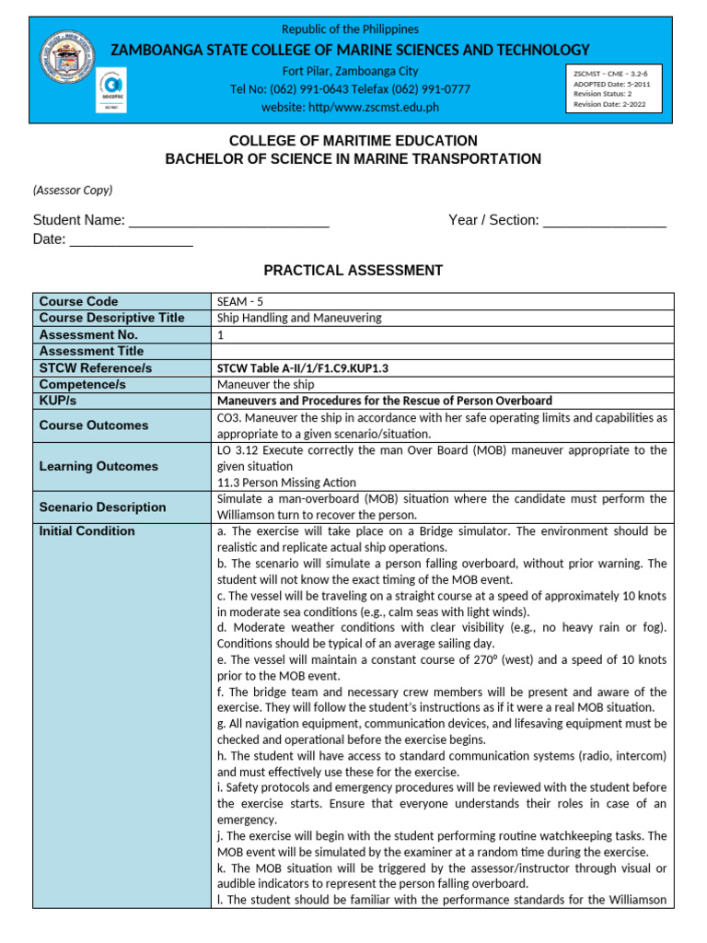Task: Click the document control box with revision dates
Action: (614, 87)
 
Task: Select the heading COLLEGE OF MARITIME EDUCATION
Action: (353, 141)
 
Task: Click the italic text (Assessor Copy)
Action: (73, 190)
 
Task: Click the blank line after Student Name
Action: (229, 221)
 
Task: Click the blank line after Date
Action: (131, 240)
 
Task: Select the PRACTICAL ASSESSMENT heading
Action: (353, 271)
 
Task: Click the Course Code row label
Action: (78, 301)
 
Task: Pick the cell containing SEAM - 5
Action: (239, 301)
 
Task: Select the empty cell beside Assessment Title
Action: (442, 351)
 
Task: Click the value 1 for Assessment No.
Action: (221, 334)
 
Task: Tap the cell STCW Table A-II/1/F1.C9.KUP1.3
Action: (302, 367)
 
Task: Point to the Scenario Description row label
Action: (102, 506)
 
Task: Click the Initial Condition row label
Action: (87, 531)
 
